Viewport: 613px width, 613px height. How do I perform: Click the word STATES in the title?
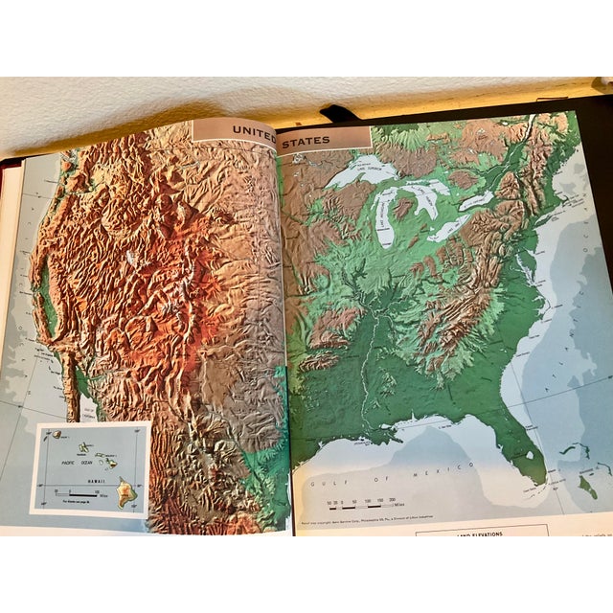(306, 141)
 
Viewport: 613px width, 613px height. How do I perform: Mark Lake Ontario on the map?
(476, 201)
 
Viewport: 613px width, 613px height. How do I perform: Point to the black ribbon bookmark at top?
(340, 114)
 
